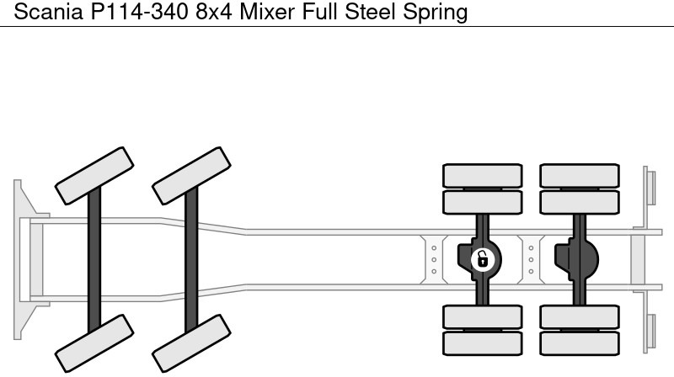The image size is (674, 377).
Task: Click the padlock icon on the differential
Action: [x=483, y=258]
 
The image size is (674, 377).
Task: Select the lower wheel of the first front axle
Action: [x=94, y=342]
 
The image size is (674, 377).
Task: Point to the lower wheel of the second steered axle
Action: [x=191, y=342]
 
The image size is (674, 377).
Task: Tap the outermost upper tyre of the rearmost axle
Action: [x=579, y=174]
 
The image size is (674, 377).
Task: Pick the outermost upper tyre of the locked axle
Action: [x=483, y=174]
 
